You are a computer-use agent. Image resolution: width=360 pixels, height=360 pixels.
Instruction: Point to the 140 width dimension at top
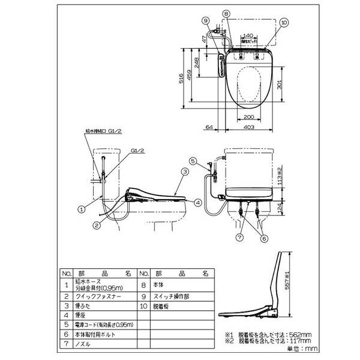(x=248, y=36)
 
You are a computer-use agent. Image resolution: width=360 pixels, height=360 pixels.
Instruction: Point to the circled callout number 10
(x=284, y=22)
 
